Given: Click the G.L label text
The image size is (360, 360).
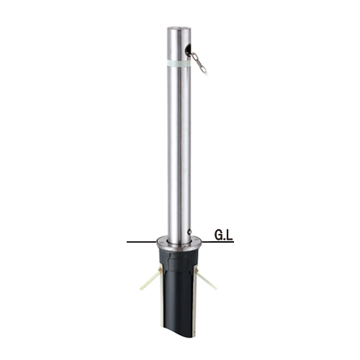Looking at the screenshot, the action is (224, 235).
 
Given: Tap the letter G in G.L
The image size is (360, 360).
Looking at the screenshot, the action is (218, 235).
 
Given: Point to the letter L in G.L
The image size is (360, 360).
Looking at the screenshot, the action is (230, 235).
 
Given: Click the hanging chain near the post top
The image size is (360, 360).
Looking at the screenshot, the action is (199, 63).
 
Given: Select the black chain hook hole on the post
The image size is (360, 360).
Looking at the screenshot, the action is (188, 50).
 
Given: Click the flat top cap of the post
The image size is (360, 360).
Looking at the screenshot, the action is (179, 28).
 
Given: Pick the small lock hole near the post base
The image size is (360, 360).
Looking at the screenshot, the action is (189, 232).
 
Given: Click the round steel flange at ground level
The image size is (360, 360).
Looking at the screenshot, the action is (179, 243).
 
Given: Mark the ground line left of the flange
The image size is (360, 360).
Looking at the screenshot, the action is (141, 242).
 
